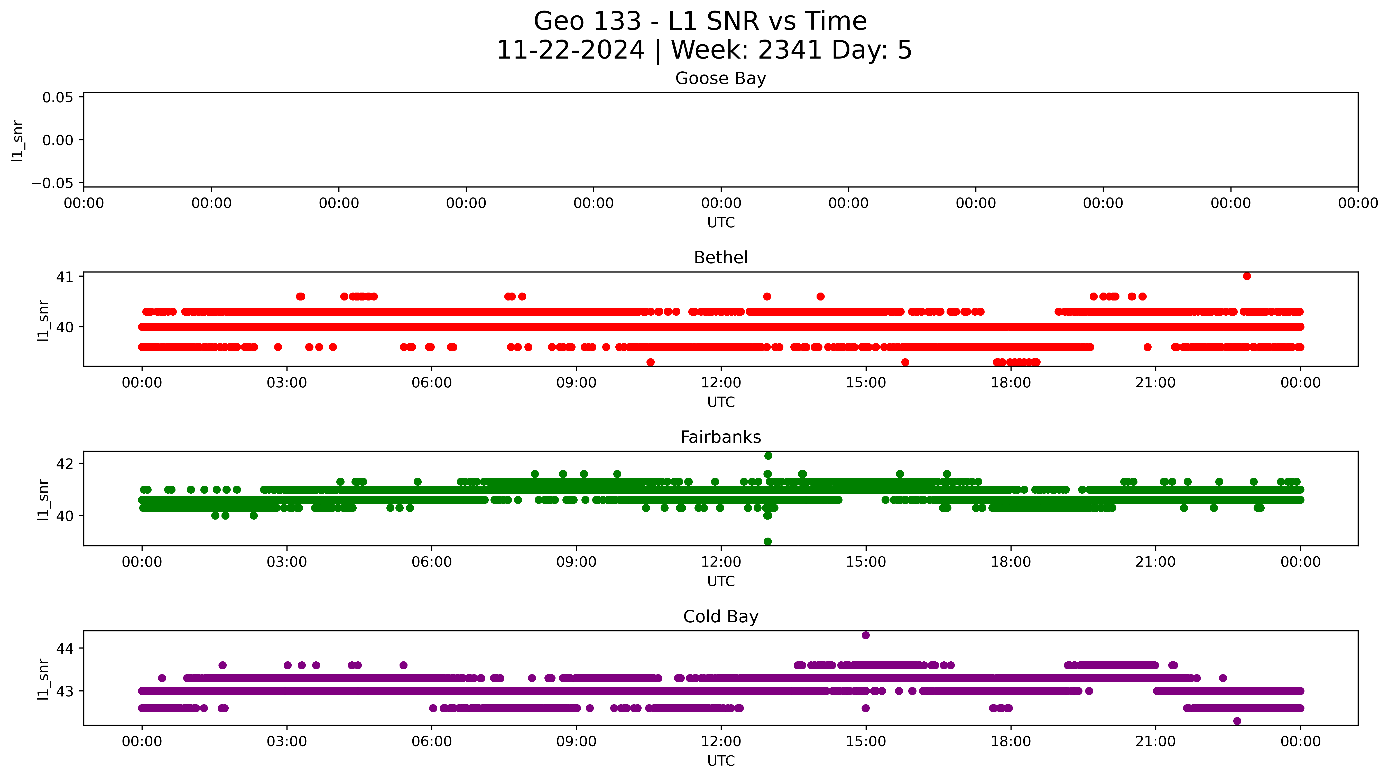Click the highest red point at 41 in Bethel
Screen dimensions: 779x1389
[x=1247, y=276]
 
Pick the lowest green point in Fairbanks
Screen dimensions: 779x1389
[x=768, y=541]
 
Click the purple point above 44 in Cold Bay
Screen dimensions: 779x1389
[x=865, y=635]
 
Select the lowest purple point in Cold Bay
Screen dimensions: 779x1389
[x=1237, y=721]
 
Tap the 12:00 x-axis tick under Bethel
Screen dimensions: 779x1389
[x=721, y=383]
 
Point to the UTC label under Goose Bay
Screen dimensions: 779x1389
[x=721, y=223]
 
